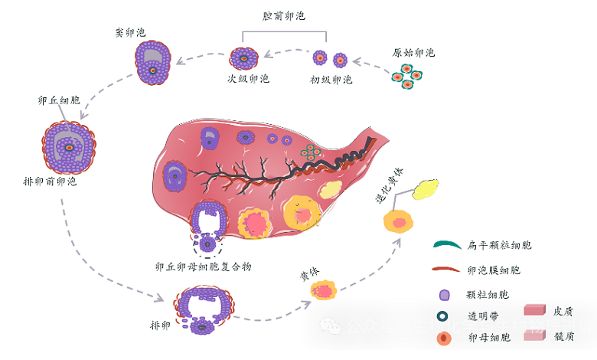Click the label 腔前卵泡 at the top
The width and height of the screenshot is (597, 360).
click(x=284, y=16)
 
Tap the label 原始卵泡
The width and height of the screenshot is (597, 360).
click(x=413, y=53)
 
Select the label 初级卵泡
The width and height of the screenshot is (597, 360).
click(x=331, y=79)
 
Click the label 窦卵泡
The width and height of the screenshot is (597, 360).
click(x=129, y=33)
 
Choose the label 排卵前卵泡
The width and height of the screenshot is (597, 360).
click(x=50, y=182)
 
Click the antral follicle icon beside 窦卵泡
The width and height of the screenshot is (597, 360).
click(x=153, y=61)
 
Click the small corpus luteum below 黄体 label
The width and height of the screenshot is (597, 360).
click(x=324, y=292)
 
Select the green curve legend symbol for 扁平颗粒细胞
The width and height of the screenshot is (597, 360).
click(x=445, y=245)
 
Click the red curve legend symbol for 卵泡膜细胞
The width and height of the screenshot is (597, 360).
click(x=445, y=270)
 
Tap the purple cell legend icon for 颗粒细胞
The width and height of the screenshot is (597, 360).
click(x=444, y=295)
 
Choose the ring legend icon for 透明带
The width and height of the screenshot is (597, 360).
click(x=444, y=316)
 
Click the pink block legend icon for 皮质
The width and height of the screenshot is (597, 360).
click(x=533, y=311)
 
